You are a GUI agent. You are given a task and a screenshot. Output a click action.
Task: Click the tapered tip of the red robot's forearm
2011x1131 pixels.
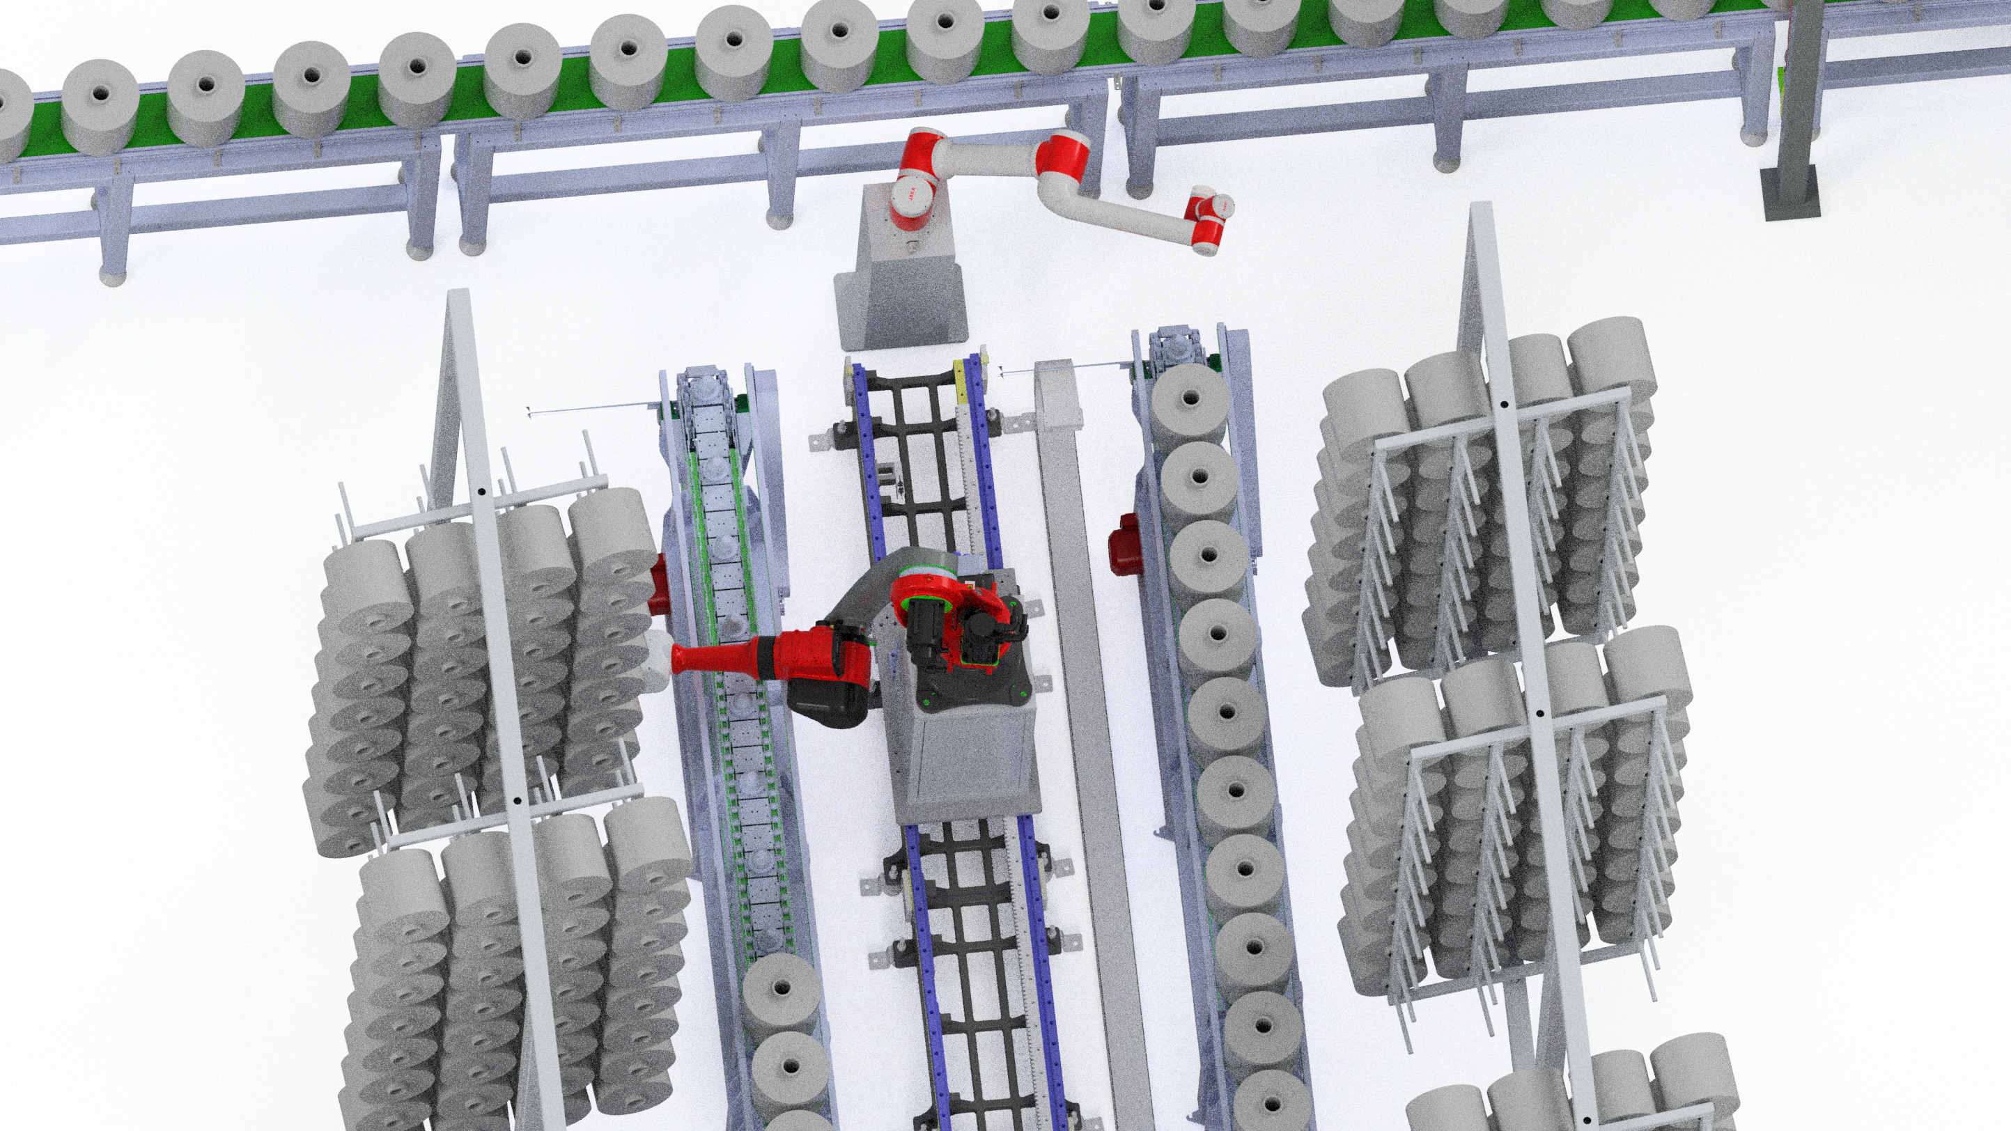pos(684,659)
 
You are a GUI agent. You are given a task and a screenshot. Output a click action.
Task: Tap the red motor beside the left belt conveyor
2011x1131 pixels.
pos(658,581)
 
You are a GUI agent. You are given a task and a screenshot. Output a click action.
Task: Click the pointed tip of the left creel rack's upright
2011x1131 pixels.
pos(458,295)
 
